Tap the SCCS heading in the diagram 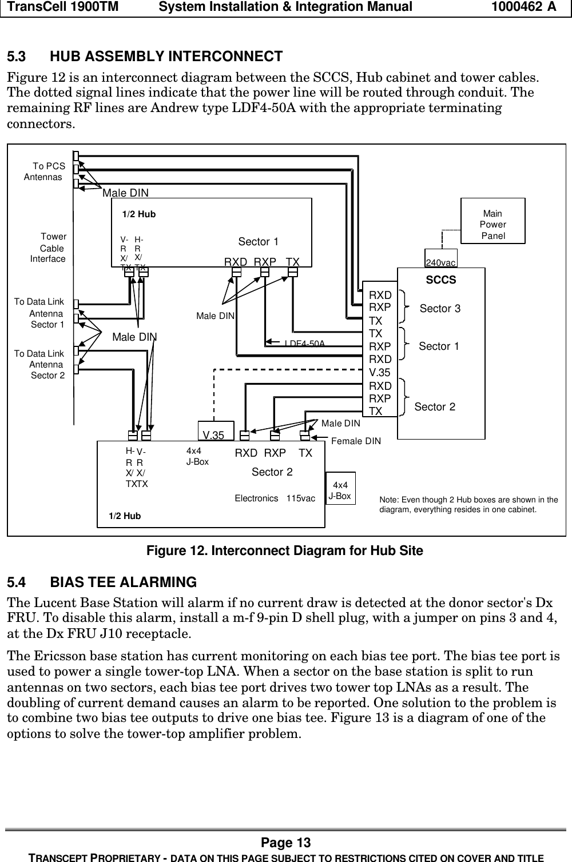coord(441,280)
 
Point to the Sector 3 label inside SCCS coord(440,309)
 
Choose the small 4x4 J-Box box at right coord(340,490)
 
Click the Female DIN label coord(356,441)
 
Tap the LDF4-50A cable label coord(305,343)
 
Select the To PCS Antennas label coord(45,171)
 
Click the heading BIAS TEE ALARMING coord(123,582)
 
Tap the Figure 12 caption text coord(285,551)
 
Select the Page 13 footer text coord(285,843)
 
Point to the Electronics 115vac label coord(275,498)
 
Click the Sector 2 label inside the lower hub coord(272,472)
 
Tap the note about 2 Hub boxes coord(468,504)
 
